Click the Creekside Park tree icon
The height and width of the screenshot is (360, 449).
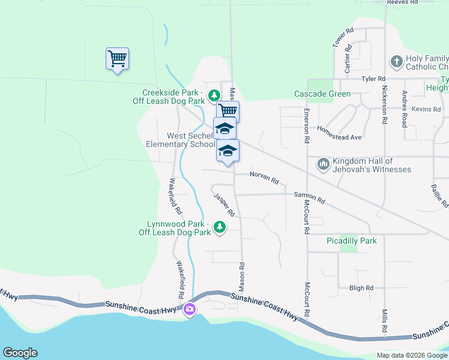coord(214,95)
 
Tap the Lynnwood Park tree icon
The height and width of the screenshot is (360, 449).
coord(220,227)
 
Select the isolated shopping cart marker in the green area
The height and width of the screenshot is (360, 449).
coord(117,59)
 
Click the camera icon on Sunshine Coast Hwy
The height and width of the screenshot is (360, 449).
coord(190,310)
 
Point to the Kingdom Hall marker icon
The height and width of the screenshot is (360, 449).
coord(324,164)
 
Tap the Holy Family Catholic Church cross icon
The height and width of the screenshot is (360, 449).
coord(396,61)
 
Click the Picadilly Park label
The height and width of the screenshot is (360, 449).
coord(351,241)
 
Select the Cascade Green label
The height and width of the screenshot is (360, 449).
coord(322,94)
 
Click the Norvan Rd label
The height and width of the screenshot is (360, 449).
coord(265,178)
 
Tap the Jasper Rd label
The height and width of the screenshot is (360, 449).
coord(224,204)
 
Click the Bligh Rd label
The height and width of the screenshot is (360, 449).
coord(361,288)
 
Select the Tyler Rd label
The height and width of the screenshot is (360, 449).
coord(373,79)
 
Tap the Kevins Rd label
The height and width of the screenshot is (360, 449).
coord(430,109)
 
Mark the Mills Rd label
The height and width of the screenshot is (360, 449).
coord(384,321)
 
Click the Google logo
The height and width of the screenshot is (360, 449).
coord(20,353)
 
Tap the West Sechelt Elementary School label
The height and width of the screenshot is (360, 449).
coord(180,140)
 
